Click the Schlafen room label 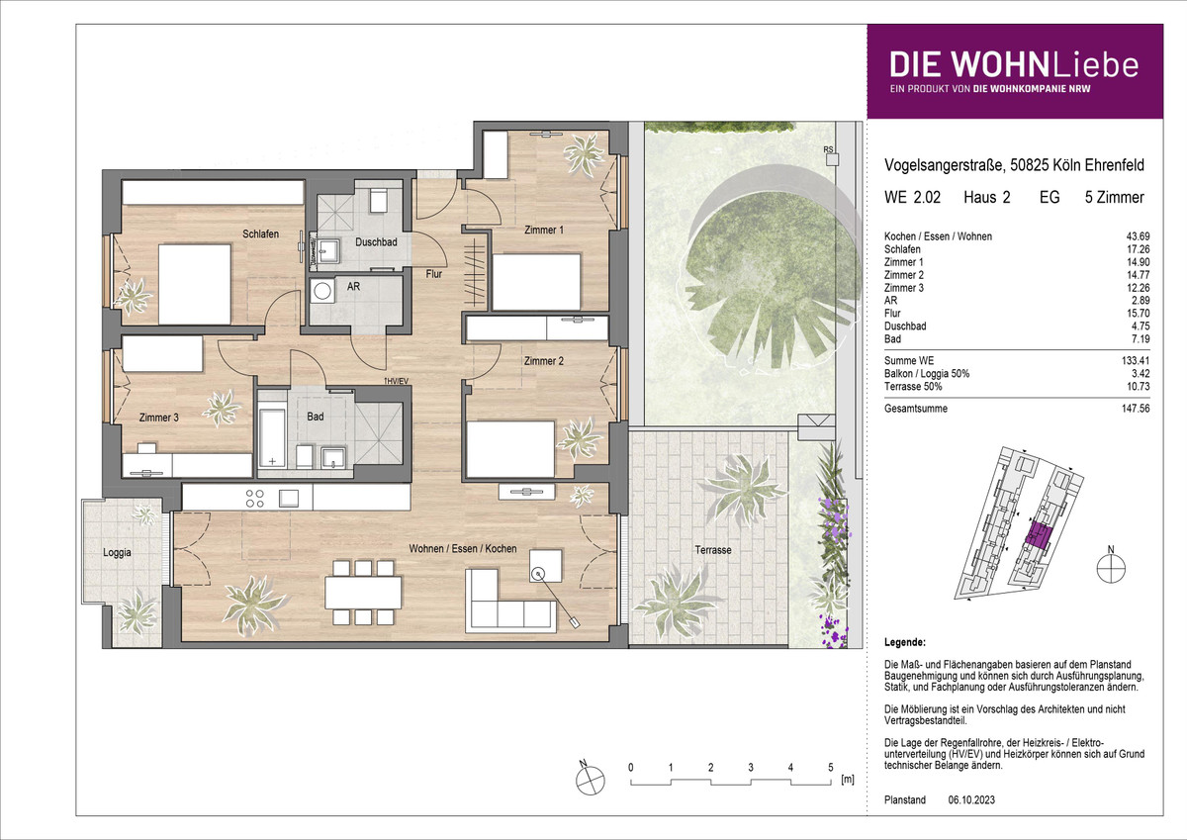pyautogui.click(x=261, y=233)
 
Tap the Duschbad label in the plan pyautogui.click(x=376, y=242)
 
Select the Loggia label pyautogui.click(x=117, y=553)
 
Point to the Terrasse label pyautogui.click(x=713, y=550)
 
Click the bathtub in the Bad pyautogui.click(x=272, y=437)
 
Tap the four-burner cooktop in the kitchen pyautogui.click(x=255, y=499)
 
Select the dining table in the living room pyautogui.click(x=364, y=593)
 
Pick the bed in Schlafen pyautogui.click(x=195, y=284)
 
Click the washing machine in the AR pyautogui.click(x=322, y=291)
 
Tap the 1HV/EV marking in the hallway pyautogui.click(x=397, y=381)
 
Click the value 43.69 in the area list pyautogui.click(x=1138, y=236)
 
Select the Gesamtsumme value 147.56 pyautogui.click(x=1136, y=409)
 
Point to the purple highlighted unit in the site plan pyautogui.click(x=1038, y=534)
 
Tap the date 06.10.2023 pyautogui.click(x=971, y=799)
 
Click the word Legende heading pyautogui.click(x=905, y=642)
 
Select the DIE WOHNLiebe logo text pyautogui.click(x=1014, y=64)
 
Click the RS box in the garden pyautogui.click(x=832, y=159)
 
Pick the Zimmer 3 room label pyautogui.click(x=159, y=418)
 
